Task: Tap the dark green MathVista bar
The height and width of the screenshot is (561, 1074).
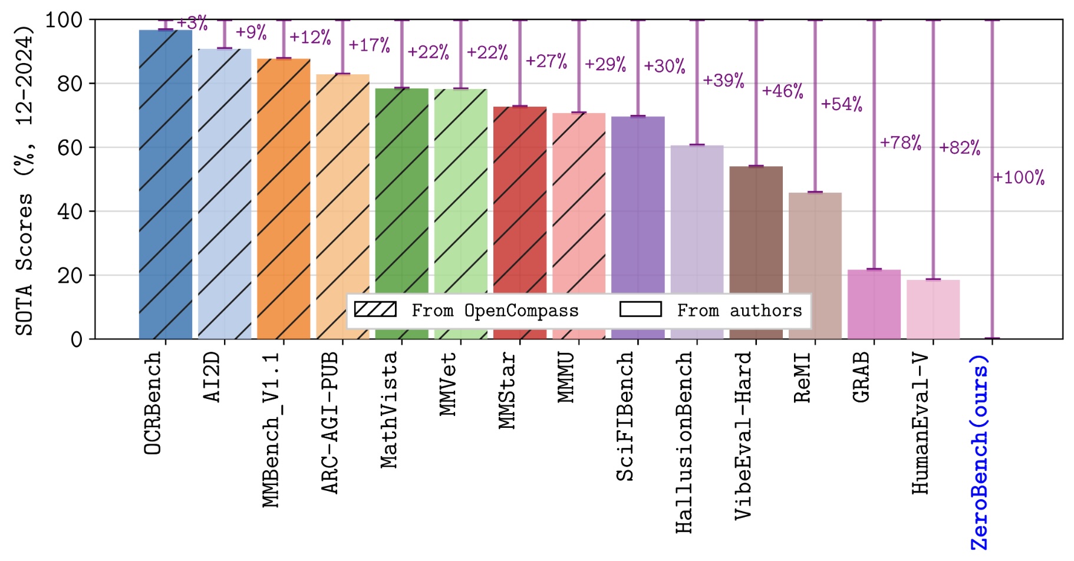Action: [401, 194]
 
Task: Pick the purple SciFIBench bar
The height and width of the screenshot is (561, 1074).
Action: [638, 206]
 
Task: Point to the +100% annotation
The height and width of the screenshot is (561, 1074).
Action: [1019, 177]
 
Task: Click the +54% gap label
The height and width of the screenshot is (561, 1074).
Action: [842, 104]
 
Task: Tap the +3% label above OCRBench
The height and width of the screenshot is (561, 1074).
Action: [192, 24]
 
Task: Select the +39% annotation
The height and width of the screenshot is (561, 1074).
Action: [723, 80]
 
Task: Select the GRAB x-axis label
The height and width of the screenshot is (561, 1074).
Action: [861, 378]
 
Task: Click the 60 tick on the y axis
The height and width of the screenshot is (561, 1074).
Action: [70, 147]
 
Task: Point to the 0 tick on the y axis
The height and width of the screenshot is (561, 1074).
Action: [77, 339]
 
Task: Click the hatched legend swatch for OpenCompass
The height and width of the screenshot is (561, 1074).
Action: [375, 309]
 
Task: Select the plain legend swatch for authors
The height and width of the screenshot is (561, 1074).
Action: [640, 309]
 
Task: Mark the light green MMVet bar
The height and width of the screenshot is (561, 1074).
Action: [460, 194]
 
